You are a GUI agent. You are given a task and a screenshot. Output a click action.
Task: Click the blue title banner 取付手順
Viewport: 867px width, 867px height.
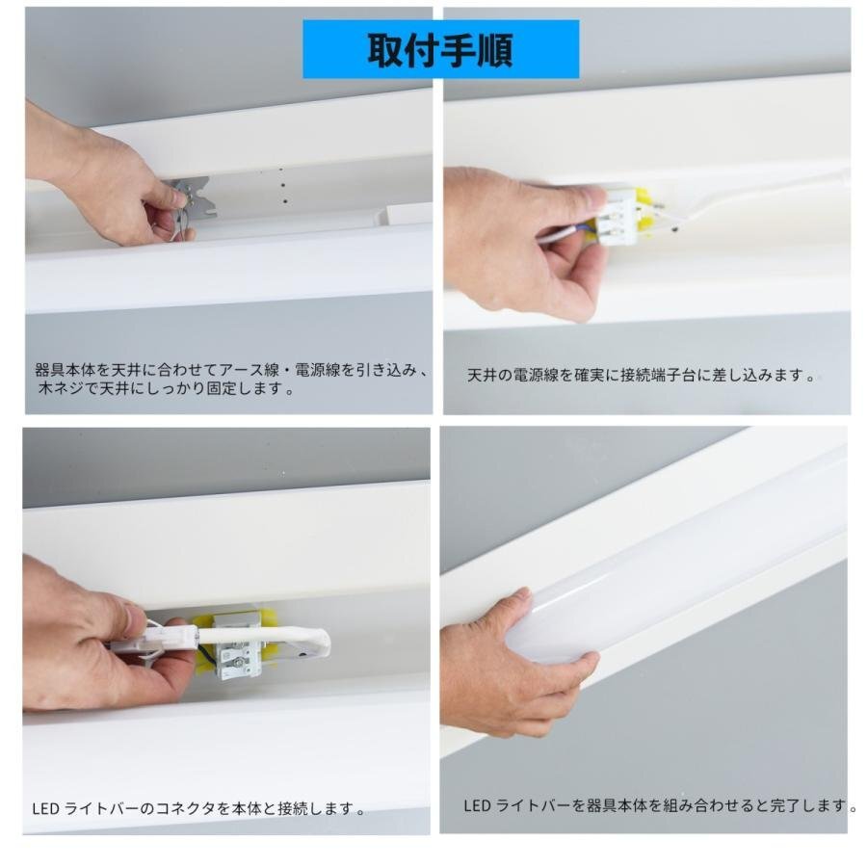pos(440,49)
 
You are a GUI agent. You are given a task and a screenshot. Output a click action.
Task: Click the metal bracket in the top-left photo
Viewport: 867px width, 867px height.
pos(190,199)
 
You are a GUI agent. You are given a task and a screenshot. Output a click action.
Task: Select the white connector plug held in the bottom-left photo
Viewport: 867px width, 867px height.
pos(156,641)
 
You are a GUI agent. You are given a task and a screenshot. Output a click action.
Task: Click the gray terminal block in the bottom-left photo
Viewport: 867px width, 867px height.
pos(238,646)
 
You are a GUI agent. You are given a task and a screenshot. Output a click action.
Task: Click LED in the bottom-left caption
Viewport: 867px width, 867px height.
pos(46,809)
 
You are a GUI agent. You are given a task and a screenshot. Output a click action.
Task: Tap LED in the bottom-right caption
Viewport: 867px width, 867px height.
pos(477,805)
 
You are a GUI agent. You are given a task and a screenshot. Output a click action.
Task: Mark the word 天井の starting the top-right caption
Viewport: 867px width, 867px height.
pos(490,376)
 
